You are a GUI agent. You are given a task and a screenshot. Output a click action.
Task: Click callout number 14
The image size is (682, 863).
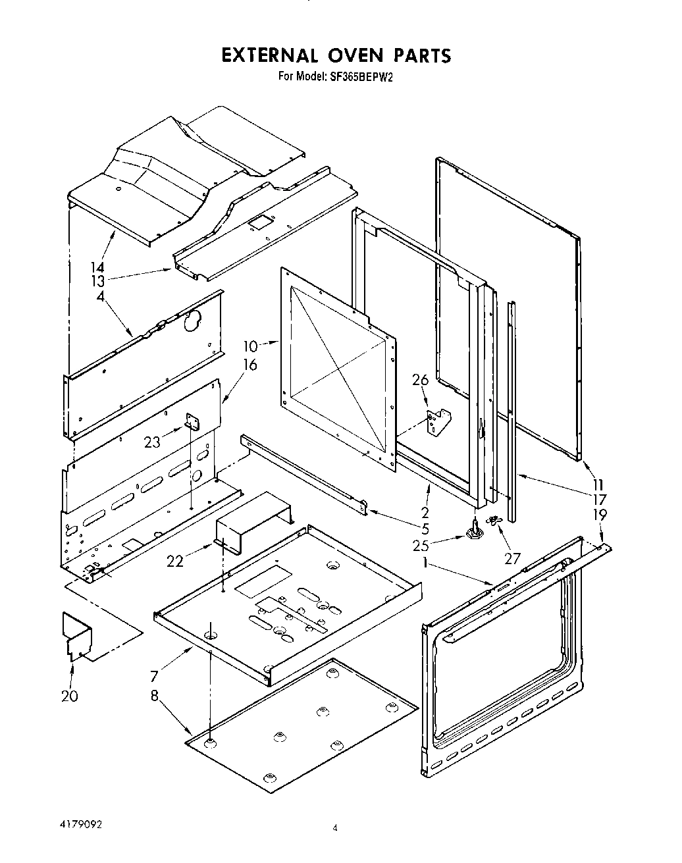tap(97, 267)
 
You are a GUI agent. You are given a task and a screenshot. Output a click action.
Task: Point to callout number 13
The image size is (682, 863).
tap(97, 282)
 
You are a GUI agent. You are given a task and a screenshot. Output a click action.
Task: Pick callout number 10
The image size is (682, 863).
tap(250, 346)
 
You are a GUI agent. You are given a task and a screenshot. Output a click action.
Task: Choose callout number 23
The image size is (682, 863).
tap(152, 442)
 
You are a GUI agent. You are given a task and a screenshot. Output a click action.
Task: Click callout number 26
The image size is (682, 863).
tap(420, 379)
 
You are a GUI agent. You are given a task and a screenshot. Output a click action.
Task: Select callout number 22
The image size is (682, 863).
tap(174, 560)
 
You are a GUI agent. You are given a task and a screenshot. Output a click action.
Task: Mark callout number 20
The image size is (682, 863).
tap(69, 696)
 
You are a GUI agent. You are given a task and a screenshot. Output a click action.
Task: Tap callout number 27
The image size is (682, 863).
tap(511, 559)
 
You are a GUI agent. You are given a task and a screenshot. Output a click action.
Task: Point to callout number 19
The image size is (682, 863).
tap(600, 514)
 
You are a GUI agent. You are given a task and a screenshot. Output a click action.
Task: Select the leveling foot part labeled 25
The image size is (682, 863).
tap(473, 531)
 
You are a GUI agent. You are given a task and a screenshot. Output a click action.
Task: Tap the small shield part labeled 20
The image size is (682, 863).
tap(76, 635)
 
